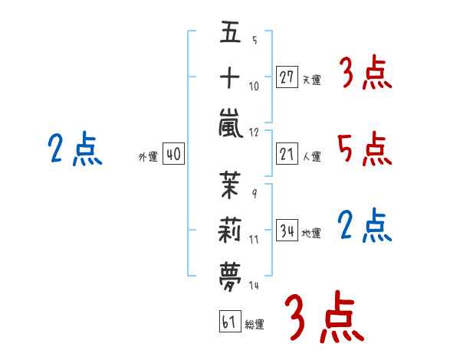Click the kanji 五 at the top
(x=230, y=31)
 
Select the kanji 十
(x=230, y=77)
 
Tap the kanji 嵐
(x=231, y=123)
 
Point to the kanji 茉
(x=230, y=185)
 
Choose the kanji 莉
(x=230, y=230)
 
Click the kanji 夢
(x=230, y=277)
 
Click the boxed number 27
(x=287, y=77)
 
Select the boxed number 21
(x=287, y=154)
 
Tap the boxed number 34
(x=287, y=230)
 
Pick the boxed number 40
(x=173, y=154)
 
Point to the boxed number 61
(x=230, y=321)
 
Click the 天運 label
(x=312, y=80)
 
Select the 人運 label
(x=312, y=156)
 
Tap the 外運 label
(x=148, y=156)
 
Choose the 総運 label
(x=255, y=324)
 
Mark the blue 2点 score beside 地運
(x=365, y=225)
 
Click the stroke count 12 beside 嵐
(x=254, y=133)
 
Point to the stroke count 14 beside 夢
(x=254, y=285)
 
